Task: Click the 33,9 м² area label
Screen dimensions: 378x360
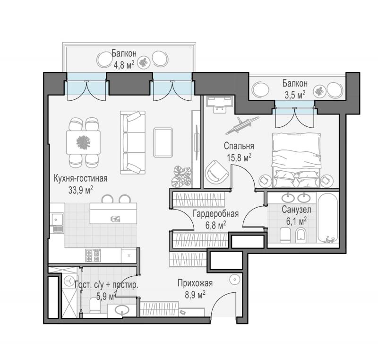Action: click(81, 190)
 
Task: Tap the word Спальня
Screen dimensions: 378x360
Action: click(239, 146)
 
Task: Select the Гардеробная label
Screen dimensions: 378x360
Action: click(216, 214)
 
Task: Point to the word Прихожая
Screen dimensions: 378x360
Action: click(195, 283)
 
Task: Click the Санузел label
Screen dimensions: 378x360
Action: click(296, 210)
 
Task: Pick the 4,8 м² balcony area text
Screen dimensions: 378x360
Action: click(124, 65)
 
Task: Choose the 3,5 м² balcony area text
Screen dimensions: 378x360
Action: click(295, 95)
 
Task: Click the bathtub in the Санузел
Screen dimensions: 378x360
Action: click(328, 218)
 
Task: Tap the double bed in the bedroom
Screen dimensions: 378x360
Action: click(297, 160)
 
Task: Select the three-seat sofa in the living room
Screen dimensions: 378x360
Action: click(133, 142)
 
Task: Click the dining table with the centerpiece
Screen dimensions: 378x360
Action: click(84, 142)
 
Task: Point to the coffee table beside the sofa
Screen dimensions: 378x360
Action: click(163, 142)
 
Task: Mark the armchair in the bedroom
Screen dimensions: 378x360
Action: click(216, 172)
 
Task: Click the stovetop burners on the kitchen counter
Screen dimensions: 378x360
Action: click(93, 255)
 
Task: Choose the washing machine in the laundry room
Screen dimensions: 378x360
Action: click(69, 281)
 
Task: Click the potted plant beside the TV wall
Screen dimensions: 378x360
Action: click(181, 176)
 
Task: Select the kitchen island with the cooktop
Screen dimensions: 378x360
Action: click(113, 213)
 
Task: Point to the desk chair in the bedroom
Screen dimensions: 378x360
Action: click(219, 109)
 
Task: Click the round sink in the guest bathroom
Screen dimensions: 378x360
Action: click(122, 309)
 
